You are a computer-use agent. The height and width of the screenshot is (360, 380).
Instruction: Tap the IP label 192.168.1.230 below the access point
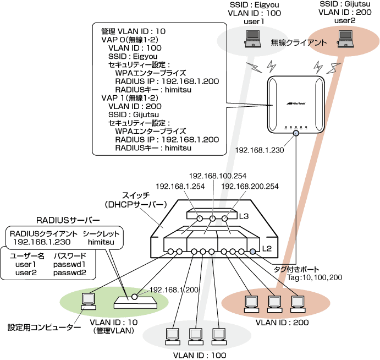[258, 150]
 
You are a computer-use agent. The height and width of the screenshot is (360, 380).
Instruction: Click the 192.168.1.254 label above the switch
[179, 187]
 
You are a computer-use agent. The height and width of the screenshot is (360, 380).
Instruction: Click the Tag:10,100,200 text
[316, 278]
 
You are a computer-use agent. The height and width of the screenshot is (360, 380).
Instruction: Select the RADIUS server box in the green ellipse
[134, 302]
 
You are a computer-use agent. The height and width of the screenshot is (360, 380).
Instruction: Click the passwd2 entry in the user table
[70, 272]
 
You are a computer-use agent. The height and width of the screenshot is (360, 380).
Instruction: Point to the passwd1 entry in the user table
[70, 264]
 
